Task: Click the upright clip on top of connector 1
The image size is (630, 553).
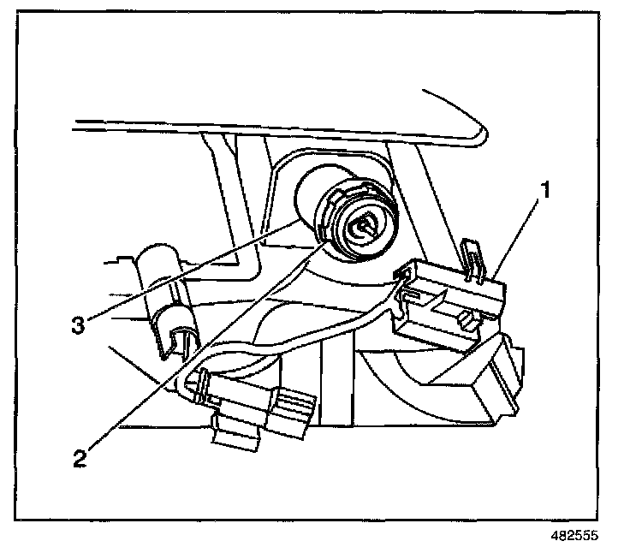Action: coord(472,257)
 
